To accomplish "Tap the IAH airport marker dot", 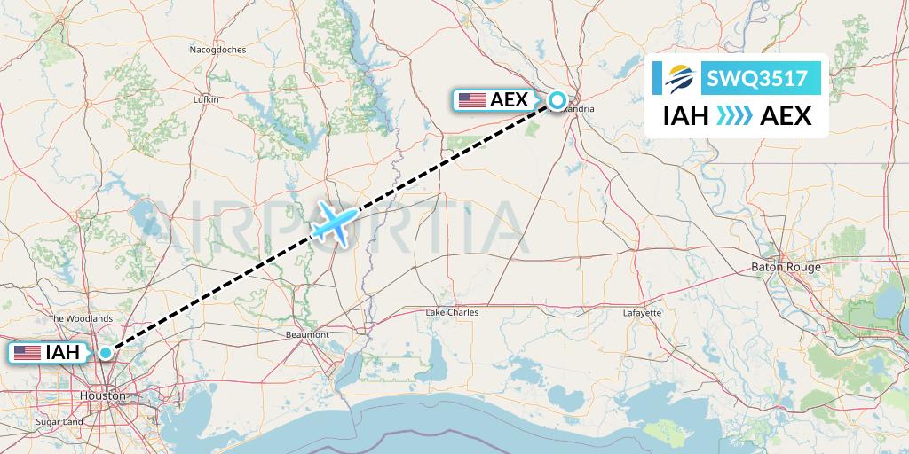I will [106, 353].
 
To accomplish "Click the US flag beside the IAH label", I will [28, 353].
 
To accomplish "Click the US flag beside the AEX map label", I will [471, 100].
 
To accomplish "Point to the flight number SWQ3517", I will [757, 78].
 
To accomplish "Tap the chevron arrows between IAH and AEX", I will [733, 116].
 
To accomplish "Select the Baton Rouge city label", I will [786, 267].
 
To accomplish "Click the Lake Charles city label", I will [452, 312].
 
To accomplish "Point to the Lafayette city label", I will [642, 312].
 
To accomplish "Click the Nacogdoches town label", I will [217, 50].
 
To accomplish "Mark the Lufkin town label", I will [206, 100].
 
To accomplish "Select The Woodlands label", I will [81, 318].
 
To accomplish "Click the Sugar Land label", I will [60, 422].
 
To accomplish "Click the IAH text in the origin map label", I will [65, 353].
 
